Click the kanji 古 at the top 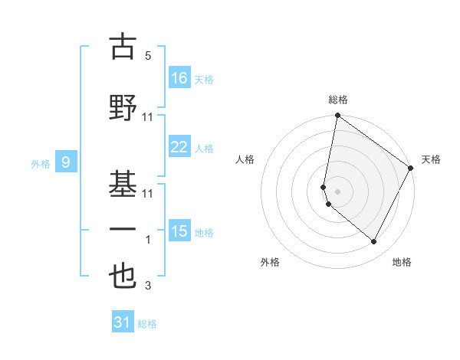(x=123, y=47)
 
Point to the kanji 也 (x=123, y=277)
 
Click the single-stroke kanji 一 (x=123, y=229)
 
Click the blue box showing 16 (x=179, y=78)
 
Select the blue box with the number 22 (x=179, y=147)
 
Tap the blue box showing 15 (x=179, y=231)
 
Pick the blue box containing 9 (x=67, y=162)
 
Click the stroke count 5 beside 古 (x=147, y=57)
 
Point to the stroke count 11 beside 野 (x=148, y=117)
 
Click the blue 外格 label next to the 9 (x=41, y=163)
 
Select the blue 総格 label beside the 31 (x=147, y=324)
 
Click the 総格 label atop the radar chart (x=338, y=100)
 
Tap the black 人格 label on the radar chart (x=245, y=159)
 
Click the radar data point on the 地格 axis (x=374, y=242)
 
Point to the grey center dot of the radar (x=337, y=191)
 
